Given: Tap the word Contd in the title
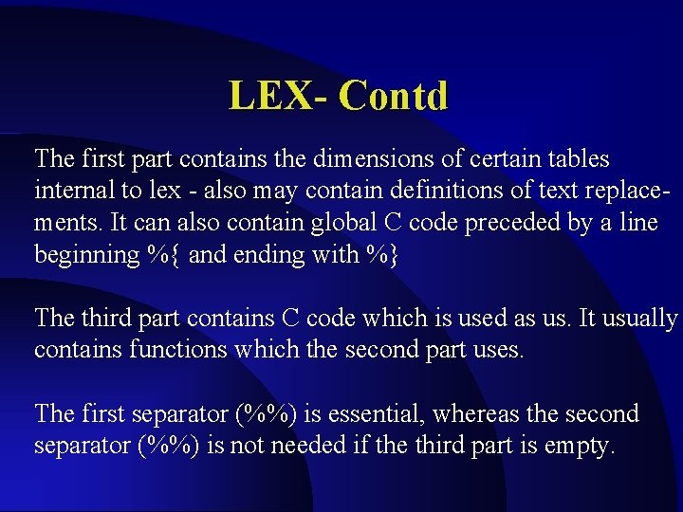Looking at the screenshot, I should [x=393, y=96].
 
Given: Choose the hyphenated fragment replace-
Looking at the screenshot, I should [x=616, y=191].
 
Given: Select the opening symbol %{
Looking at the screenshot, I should [x=161, y=255].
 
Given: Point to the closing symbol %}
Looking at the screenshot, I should [x=378, y=255].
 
